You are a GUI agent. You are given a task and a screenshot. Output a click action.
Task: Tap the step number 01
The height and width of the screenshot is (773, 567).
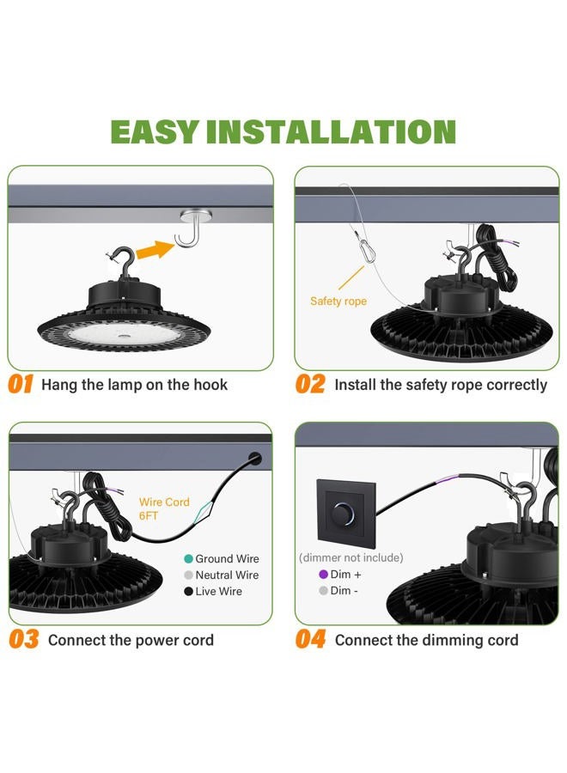tap(21, 384)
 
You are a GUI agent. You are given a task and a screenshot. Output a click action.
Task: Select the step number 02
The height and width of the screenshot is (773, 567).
tap(310, 384)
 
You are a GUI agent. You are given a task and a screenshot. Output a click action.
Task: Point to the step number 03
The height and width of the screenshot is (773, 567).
tap(23, 640)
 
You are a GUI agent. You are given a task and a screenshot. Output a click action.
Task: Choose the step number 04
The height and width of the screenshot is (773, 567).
tap(310, 640)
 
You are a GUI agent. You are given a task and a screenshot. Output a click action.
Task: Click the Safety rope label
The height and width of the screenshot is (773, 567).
tap(338, 301)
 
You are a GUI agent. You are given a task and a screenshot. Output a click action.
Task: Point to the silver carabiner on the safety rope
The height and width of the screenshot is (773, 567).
tap(365, 253)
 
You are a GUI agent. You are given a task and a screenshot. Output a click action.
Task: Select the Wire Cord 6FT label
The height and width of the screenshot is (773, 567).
tap(164, 508)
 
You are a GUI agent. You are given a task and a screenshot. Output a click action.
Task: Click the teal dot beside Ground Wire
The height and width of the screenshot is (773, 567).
tap(187, 559)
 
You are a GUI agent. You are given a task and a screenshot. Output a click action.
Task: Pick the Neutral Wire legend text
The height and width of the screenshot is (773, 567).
tap(227, 575)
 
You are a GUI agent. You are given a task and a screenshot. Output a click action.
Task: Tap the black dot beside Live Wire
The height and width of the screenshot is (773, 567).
tap(187, 591)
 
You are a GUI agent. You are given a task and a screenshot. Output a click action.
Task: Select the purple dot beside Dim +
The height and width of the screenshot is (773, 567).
tap(323, 575)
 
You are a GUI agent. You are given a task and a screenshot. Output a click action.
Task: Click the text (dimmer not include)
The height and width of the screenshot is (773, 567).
tap(351, 557)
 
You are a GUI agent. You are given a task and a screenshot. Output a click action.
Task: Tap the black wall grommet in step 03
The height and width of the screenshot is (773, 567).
tap(255, 458)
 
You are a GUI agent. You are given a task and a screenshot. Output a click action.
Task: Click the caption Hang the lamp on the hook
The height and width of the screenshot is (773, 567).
tap(135, 385)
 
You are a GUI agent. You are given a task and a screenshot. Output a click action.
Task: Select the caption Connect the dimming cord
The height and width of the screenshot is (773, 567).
tap(427, 640)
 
